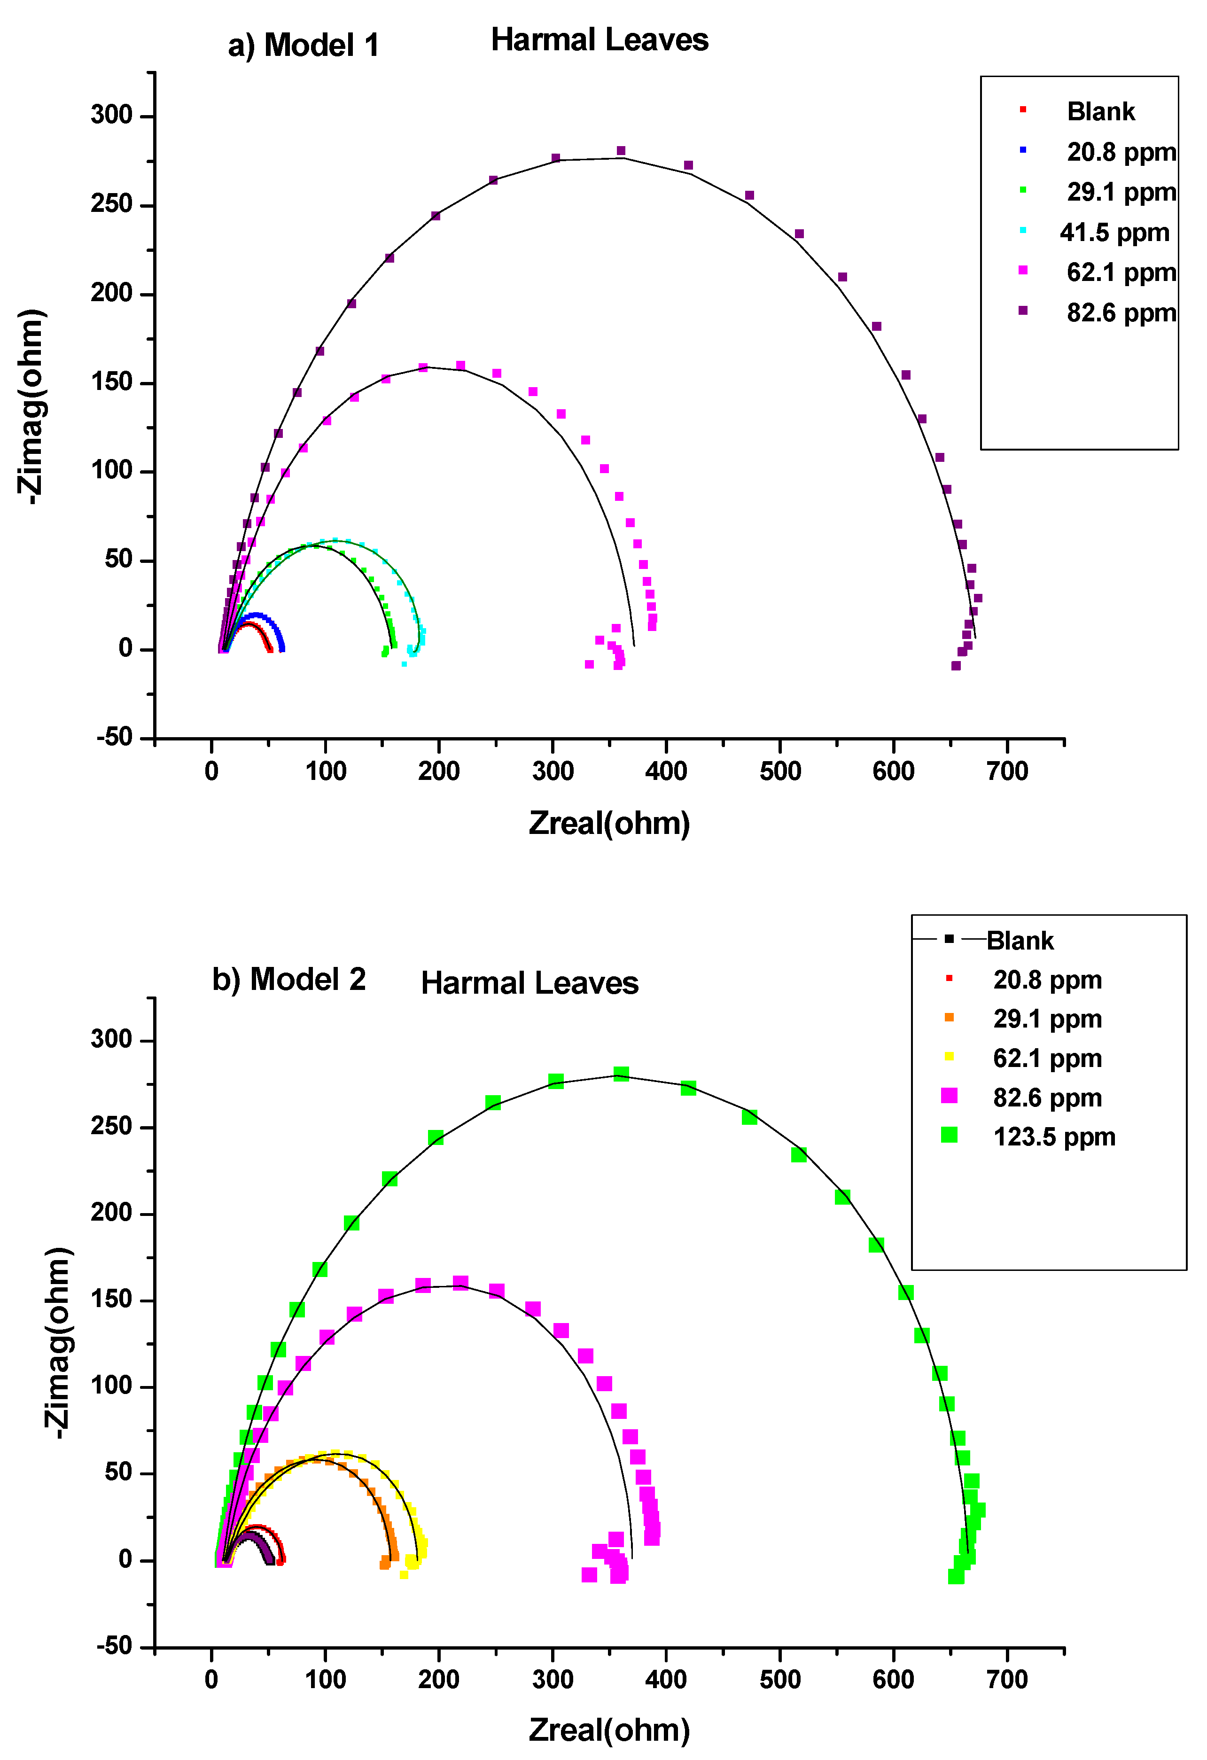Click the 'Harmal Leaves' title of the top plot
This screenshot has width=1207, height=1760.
pos(599,39)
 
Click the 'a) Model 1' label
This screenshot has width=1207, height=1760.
pos(303,46)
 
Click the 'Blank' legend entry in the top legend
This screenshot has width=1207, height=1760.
pos(1100,111)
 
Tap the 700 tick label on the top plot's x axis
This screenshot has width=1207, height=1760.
pos(1007,772)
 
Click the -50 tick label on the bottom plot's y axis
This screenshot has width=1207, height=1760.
pos(114,1646)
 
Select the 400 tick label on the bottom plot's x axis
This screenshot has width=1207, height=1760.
pos(666,1680)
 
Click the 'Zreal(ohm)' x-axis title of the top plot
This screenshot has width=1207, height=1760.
pos(609,823)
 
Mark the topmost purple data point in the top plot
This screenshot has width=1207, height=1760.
pos(621,151)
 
